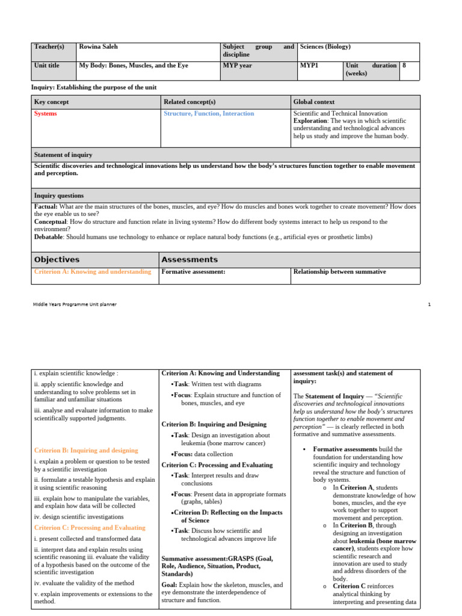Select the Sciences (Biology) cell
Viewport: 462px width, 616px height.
point(325,47)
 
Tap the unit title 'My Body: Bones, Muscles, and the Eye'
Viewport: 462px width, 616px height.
point(134,66)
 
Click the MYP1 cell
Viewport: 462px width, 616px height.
point(309,66)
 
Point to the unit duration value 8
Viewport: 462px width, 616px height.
point(404,66)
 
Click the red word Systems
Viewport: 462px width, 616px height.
point(46,114)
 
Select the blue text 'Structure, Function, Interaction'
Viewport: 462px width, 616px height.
point(209,114)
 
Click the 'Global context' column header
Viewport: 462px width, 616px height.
point(314,102)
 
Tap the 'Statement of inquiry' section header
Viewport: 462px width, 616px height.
point(63,155)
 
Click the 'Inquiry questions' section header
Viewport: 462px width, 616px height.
point(59,196)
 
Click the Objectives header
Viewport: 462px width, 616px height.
point(57,260)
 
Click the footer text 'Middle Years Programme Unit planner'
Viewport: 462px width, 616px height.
point(75,304)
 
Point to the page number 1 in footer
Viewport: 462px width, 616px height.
point(430,304)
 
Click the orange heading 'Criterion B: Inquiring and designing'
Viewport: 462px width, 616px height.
point(86,450)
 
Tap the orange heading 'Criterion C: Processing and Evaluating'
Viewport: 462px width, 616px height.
point(90,528)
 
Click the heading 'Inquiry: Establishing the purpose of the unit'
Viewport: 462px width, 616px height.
point(94,88)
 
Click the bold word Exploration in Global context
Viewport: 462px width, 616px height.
point(310,120)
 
